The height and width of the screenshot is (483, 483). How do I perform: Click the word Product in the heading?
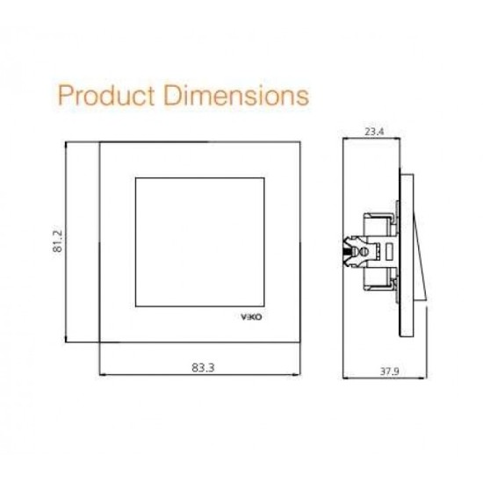tap(106, 96)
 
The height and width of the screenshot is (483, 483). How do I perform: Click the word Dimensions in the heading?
tap(236, 96)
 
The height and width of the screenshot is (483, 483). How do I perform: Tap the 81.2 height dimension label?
tap(58, 241)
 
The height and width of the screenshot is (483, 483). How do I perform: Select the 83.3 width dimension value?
tap(203, 367)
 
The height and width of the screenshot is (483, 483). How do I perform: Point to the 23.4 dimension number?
tap(374, 132)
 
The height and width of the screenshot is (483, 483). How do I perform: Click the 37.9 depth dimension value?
tap(389, 371)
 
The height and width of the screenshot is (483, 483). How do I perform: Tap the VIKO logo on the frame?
tap(251, 317)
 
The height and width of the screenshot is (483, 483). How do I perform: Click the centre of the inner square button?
tap(200, 242)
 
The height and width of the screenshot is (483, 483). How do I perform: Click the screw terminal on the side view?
tap(364, 252)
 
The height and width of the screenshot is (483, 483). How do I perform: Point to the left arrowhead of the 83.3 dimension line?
tap(104, 375)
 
